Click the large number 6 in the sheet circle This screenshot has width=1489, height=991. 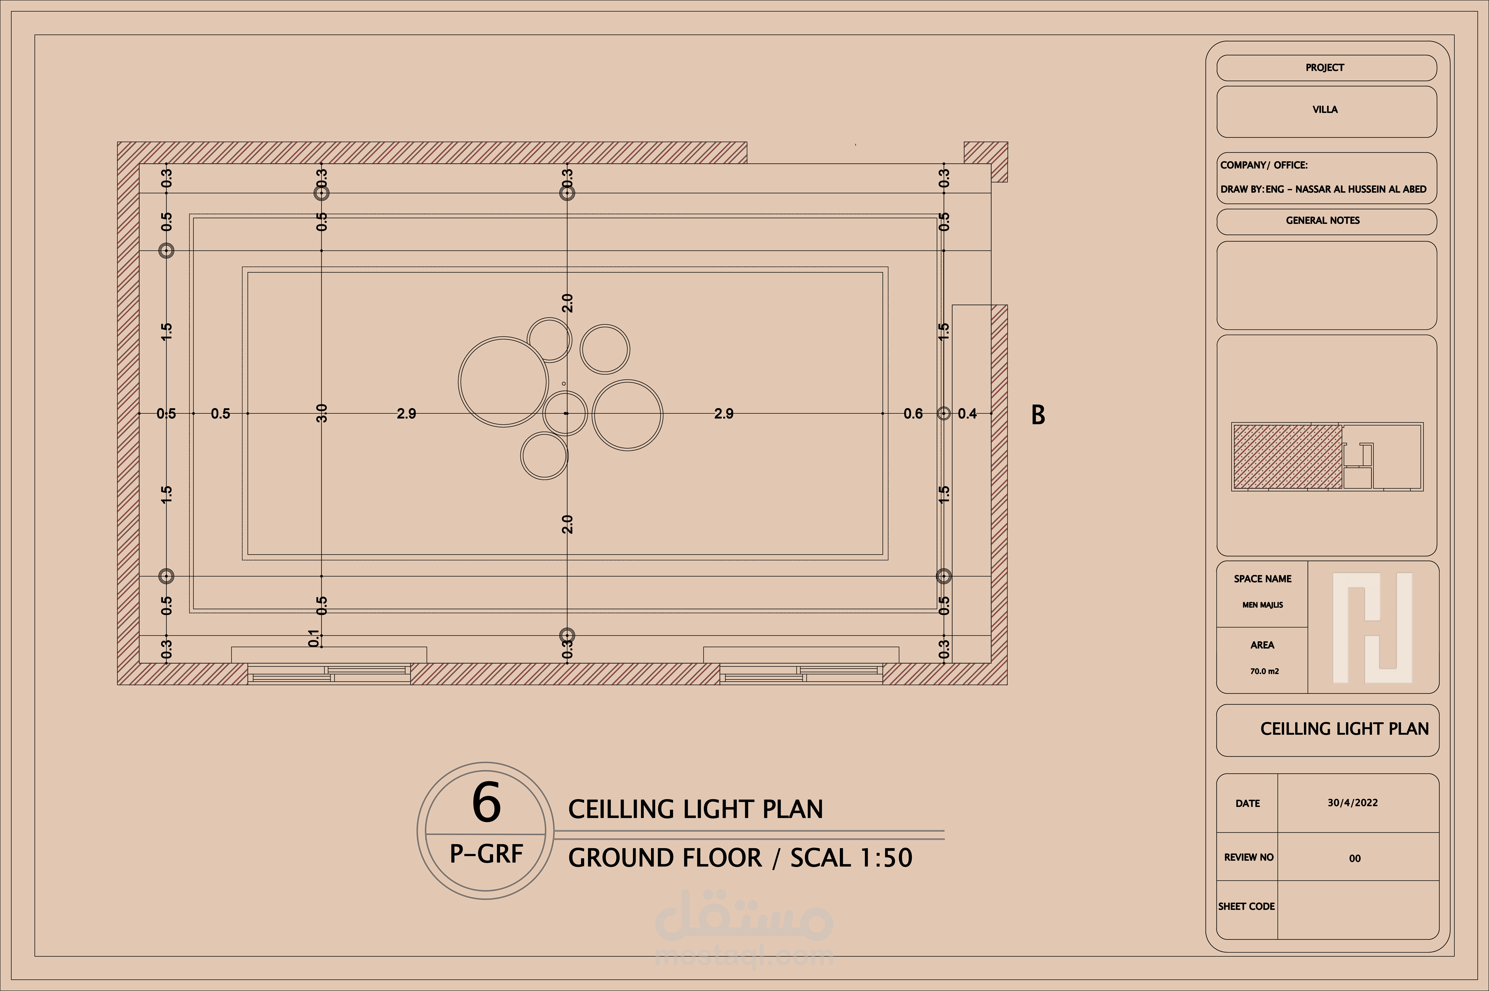click(487, 803)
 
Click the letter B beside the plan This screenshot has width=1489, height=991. click(1038, 415)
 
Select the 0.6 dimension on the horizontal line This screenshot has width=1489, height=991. click(913, 414)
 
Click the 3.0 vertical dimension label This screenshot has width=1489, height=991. click(322, 413)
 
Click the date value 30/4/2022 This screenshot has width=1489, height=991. click(1352, 803)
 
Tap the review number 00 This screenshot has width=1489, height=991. click(1354, 858)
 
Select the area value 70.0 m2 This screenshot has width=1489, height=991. click(1264, 671)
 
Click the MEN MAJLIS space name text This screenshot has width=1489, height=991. click(1262, 605)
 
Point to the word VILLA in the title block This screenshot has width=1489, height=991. click(1325, 109)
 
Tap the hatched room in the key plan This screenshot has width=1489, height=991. click(1287, 456)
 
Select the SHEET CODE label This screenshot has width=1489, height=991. click(1246, 906)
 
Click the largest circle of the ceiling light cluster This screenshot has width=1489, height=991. click(504, 382)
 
